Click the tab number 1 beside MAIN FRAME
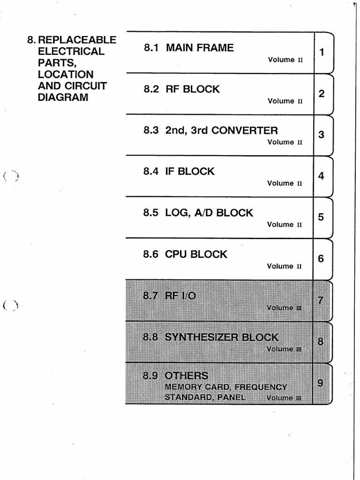pos(322,52)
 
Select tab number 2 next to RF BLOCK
pos(322,94)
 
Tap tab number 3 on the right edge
pos(322,135)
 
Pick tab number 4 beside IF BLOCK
pos(322,176)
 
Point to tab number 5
pos(321,217)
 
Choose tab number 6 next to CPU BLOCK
pos(321,259)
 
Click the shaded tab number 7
pos(321,300)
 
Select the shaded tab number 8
pos(321,342)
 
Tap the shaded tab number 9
pos(320,383)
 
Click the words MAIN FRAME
pos(200,48)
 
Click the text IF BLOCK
pos(190,172)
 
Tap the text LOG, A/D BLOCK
pos(209,213)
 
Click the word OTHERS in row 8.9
pos(187,375)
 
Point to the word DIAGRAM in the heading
pos(63,97)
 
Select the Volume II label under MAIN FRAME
pos(285,60)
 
